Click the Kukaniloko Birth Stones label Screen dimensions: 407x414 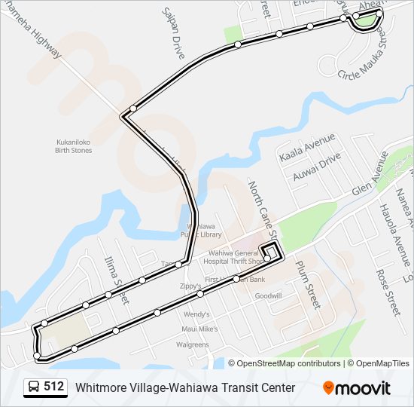point(74,146)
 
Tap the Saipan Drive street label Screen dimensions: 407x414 point(173,34)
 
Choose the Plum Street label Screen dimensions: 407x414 point(308,286)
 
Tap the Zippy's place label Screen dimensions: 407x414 point(190,286)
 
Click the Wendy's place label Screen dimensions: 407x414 point(196,314)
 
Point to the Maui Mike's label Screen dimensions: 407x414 point(199,329)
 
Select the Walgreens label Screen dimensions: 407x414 point(192,344)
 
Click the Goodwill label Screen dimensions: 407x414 point(268,296)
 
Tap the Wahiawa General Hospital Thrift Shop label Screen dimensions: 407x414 point(234,256)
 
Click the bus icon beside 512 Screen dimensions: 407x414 point(34,387)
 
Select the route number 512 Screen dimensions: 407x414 point(53,387)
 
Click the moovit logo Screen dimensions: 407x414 point(357,387)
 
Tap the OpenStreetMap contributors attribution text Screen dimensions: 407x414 point(288,363)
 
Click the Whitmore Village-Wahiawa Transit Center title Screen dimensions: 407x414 point(185,387)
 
